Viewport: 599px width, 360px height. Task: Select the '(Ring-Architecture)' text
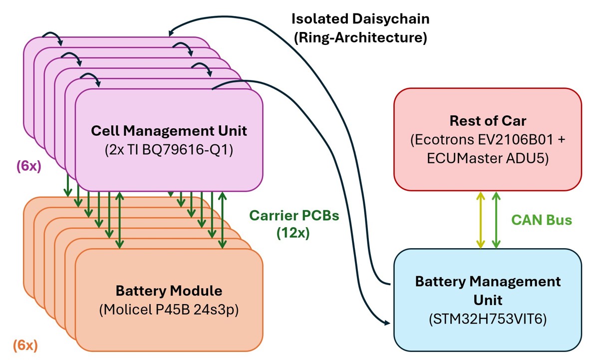[360, 38]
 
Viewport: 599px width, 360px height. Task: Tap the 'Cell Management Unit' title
[169, 131]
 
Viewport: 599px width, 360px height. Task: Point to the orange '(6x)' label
[25, 345]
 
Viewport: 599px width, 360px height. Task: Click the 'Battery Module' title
[169, 291]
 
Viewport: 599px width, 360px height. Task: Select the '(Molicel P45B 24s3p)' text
[169, 309]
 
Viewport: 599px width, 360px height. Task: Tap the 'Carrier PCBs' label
[294, 216]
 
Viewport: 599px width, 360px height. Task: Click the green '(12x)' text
[294, 233]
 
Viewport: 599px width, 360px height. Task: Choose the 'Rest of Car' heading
[487, 121]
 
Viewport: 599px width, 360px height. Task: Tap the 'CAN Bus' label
[542, 220]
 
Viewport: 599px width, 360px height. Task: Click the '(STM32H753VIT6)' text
[487, 320]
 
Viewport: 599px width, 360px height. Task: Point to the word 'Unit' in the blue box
[487, 301]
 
